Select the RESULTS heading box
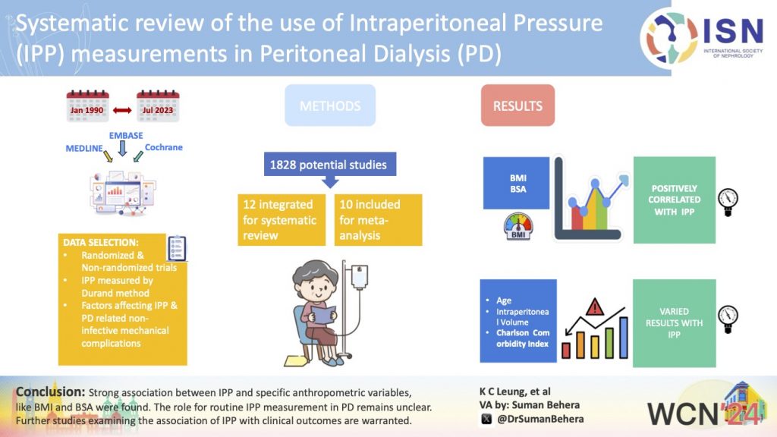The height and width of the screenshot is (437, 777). (x=517, y=105)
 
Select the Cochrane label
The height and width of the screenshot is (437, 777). (x=163, y=147)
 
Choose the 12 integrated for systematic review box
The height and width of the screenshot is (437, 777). (x=280, y=219)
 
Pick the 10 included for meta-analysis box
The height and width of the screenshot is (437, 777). (x=377, y=219)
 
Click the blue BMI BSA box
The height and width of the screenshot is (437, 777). (x=516, y=183)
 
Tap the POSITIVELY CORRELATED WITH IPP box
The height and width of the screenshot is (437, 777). (x=674, y=200)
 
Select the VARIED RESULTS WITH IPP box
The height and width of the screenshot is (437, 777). (x=674, y=322)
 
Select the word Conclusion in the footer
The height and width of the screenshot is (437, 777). (x=49, y=391)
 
